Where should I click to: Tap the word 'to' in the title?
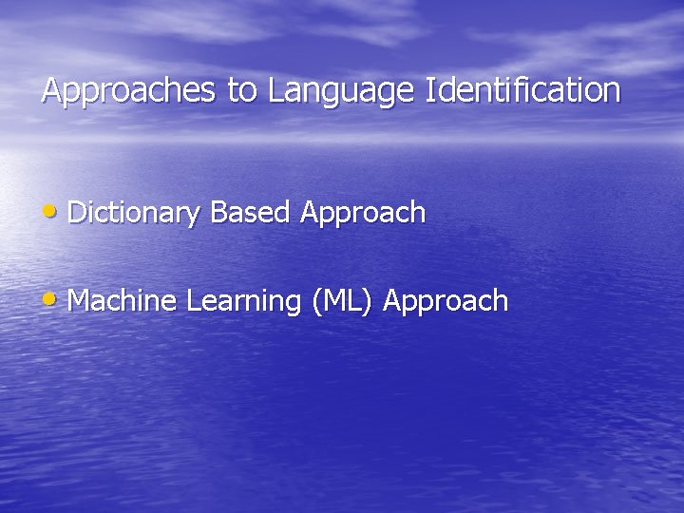(242, 91)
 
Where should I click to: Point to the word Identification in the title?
(524, 91)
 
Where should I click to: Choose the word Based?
(250, 213)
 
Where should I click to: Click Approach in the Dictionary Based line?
(363, 214)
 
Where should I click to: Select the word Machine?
(123, 301)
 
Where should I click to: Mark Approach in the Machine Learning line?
(446, 302)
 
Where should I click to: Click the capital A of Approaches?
(51, 91)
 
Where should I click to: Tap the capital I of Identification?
(432, 91)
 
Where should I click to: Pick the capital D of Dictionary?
(77, 213)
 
